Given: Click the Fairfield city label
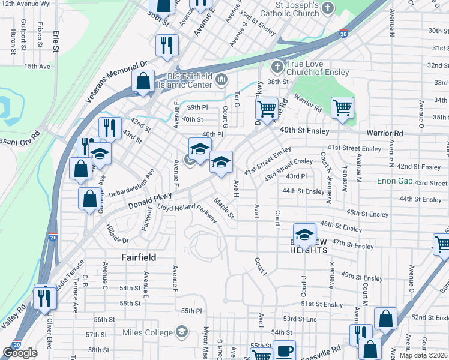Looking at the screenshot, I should pos(139,257).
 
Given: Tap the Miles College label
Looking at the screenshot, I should pos(148,332).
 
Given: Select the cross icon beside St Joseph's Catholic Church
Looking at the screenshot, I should pos(327,8).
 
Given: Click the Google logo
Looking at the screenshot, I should pos(20,353).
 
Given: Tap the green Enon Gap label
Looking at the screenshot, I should pos(394,181).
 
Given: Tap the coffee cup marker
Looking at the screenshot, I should pos(284,350).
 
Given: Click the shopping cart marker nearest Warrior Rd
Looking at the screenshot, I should pos(342,108).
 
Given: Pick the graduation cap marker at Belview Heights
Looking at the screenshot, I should pos(304,234).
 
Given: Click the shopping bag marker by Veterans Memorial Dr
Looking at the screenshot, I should pos(143,80).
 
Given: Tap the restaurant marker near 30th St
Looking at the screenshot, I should pos(167,45).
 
